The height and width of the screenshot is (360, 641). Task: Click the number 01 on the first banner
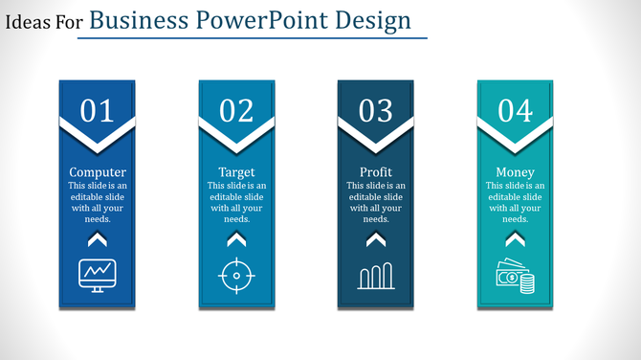pos(97,111)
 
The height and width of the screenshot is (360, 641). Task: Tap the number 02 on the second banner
pos(236,111)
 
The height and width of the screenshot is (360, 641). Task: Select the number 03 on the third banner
pos(375,111)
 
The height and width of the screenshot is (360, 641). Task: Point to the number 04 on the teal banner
pos(515,111)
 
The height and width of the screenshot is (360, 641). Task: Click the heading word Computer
pos(98,172)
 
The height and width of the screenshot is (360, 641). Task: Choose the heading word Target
pos(236,172)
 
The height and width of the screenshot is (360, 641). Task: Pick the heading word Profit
pos(376,172)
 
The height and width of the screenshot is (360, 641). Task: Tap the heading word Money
pos(515,172)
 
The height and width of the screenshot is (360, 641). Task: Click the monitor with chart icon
pos(97,275)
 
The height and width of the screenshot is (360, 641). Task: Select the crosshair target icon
pos(236,276)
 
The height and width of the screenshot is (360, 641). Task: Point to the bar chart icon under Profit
pos(376,276)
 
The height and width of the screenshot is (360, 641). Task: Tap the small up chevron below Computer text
pos(97,238)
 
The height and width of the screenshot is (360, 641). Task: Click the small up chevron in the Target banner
pos(236,238)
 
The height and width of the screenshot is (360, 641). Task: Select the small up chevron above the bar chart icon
pos(376,238)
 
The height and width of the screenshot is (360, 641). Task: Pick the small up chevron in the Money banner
pos(515,238)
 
